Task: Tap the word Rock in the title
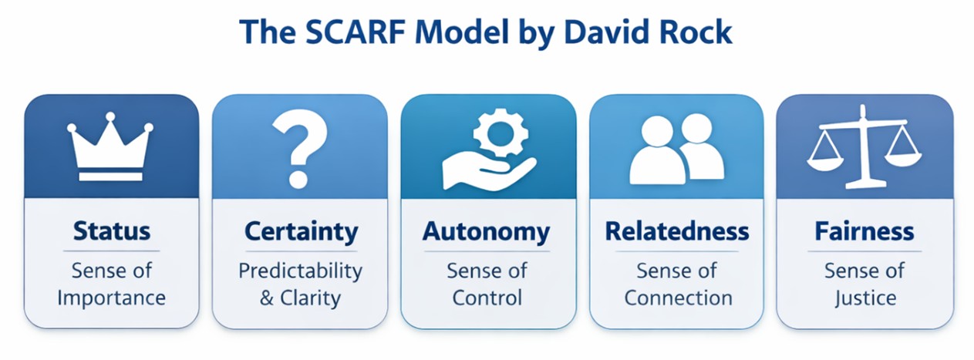[x=696, y=32]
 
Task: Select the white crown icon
[x=110, y=146]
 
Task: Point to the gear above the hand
[x=500, y=133]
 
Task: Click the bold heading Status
[x=112, y=230]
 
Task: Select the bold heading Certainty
[x=301, y=232]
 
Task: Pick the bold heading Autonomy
[x=486, y=232]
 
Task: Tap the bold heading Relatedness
[x=677, y=230]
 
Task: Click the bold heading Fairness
[x=864, y=230]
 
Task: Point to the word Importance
[x=111, y=298]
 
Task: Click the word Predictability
[x=301, y=271]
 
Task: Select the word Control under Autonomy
[x=487, y=298]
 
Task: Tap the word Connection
[x=679, y=298]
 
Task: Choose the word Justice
[x=865, y=298]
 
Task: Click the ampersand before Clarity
[x=267, y=298]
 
